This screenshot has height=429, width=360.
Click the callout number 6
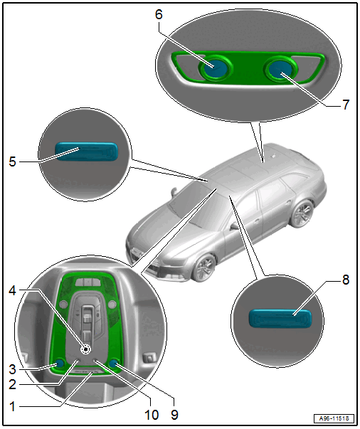159,14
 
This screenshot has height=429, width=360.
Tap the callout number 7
346,105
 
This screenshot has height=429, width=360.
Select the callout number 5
13,161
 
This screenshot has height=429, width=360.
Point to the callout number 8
346,280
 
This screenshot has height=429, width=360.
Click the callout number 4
13,290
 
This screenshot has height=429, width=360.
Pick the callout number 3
13,369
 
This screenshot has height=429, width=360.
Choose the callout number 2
13,385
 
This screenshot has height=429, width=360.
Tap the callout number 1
13,406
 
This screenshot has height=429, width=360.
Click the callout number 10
152,415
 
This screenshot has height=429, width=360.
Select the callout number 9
174,415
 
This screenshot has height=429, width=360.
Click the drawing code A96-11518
334,418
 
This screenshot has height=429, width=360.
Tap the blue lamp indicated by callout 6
216,68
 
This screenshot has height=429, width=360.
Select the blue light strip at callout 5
87,152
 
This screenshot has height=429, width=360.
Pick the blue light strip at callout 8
280,318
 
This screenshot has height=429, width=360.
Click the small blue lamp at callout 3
60,364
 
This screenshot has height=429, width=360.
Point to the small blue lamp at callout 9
113,364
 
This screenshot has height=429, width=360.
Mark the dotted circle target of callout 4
86,349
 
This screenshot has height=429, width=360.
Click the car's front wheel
205,268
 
